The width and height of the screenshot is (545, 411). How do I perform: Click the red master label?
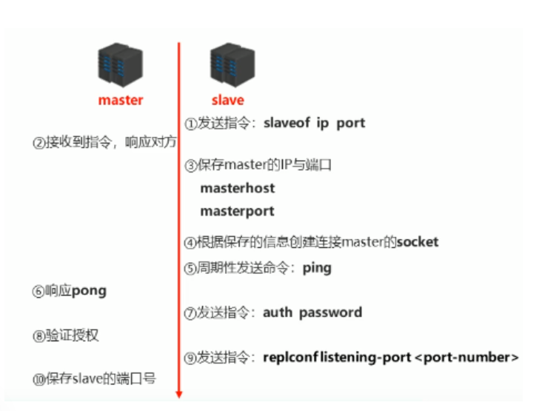pos(120,100)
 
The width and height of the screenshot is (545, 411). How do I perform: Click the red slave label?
pos(227,100)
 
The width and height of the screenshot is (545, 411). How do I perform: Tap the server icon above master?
pos(120,65)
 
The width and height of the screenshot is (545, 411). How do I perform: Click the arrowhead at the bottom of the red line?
pos(178,394)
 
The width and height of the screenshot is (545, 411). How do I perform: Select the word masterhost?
pos(237,188)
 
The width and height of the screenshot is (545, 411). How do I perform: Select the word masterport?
pos(237,211)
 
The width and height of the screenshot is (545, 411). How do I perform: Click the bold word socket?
pos(418,241)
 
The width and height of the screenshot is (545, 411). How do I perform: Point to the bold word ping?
pos(317,268)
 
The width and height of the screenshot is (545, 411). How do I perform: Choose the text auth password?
pos(312,313)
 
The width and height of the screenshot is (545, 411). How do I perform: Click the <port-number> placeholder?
pos(467,358)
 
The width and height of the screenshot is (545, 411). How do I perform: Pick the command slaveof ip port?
pos(314,123)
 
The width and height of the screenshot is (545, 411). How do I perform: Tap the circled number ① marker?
pos(190,124)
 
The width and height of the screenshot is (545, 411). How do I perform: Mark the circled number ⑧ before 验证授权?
pos(39,336)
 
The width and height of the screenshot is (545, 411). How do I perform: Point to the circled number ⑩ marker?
pos(39,379)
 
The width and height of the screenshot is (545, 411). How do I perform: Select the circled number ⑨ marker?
pos(190,358)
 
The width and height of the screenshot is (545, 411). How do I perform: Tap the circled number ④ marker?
pos(190,242)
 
